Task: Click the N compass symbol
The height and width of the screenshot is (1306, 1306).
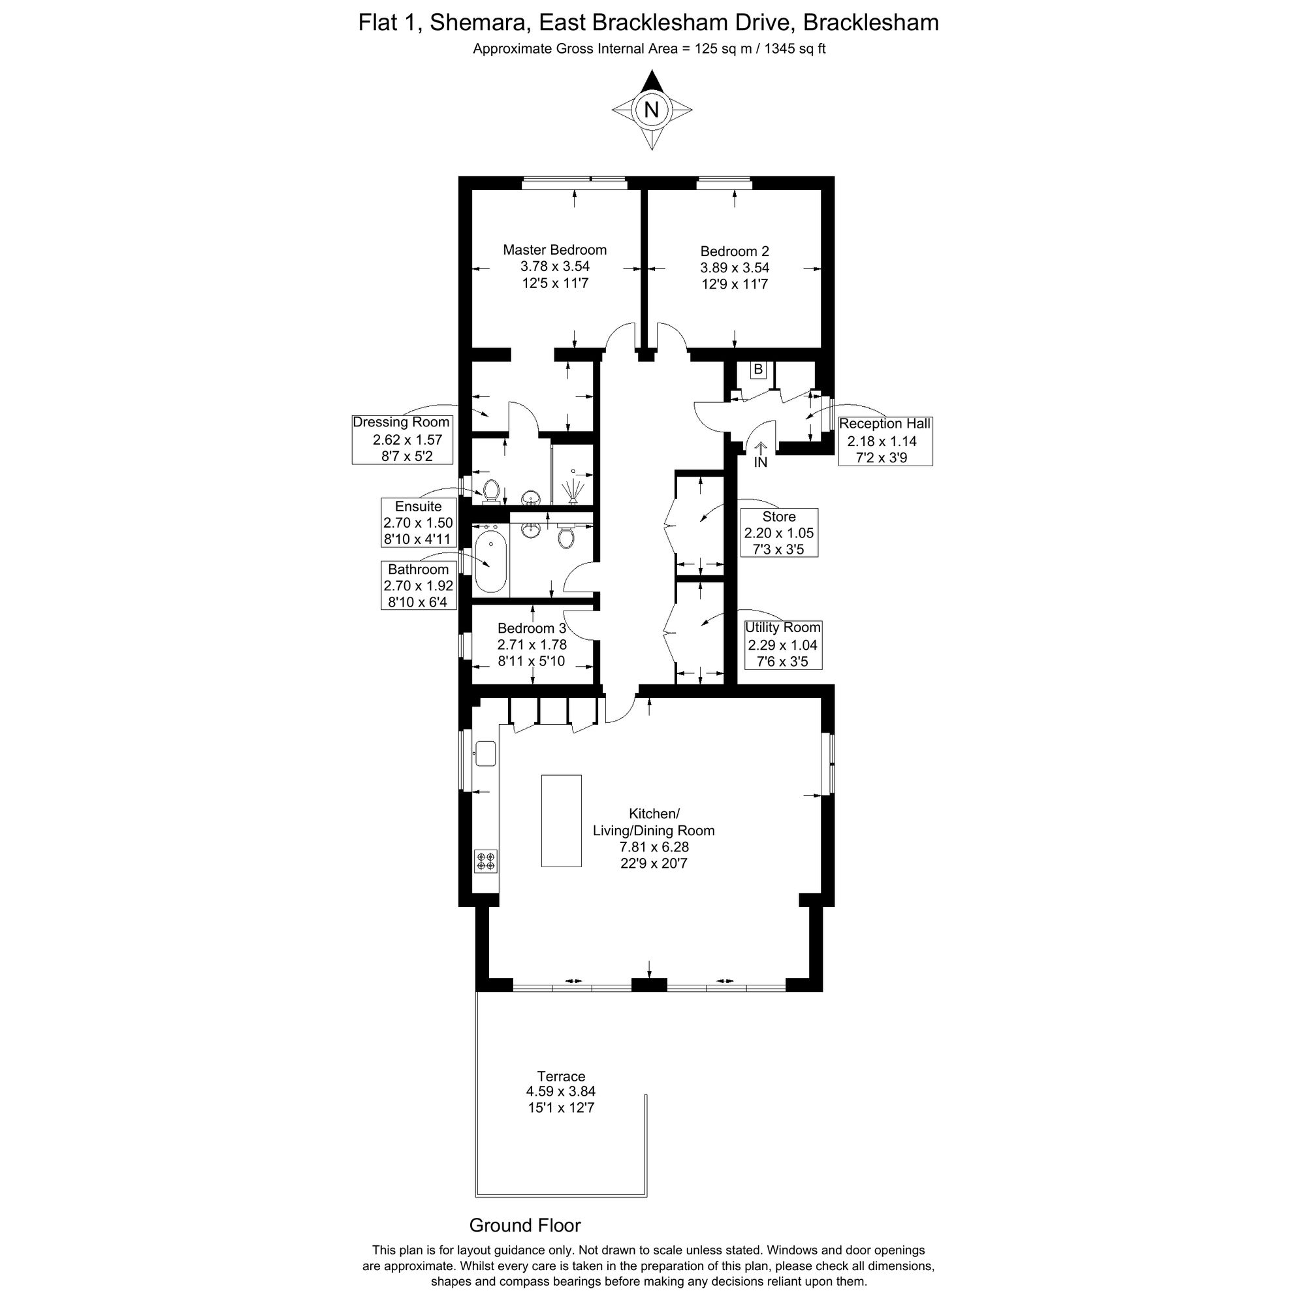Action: [652, 110]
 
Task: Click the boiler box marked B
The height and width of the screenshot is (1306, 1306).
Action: [758, 370]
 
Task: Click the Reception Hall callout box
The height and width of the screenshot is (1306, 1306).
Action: [885, 441]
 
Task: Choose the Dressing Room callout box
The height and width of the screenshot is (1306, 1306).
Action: [402, 439]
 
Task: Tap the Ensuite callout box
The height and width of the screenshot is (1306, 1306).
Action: [419, 522]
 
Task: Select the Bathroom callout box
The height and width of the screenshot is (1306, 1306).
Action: [419, 585]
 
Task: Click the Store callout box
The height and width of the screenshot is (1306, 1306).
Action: [779, 533]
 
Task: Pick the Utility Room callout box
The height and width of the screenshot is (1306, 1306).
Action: [783, 645]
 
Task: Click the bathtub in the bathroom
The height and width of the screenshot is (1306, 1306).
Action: [490, 562]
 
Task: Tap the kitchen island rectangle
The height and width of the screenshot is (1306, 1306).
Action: [561, 821]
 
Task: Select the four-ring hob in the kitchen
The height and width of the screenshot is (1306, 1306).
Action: [486, 861]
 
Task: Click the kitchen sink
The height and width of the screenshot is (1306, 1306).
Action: [485, 753]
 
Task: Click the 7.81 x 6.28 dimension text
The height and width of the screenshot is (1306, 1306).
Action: [654, 846]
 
